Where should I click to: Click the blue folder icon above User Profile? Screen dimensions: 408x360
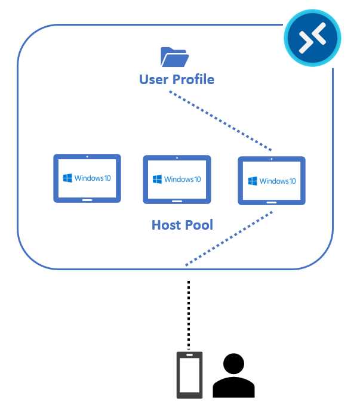tap(174, 58)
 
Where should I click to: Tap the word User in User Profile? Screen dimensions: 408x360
tap(153, 79)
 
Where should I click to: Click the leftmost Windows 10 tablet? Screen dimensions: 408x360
tap(87, 178)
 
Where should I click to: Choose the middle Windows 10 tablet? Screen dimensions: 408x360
tap(177, 180)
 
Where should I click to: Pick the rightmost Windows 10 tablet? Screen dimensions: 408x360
tap(272, 181)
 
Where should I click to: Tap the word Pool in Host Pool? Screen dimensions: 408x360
tap(199, 225)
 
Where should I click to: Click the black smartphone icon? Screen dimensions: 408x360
tap(189, 375)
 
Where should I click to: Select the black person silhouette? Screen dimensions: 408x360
tap(233, 376)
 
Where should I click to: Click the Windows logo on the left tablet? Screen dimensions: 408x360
tap(68, 178)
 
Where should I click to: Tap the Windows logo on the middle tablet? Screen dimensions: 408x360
tap(158, 179)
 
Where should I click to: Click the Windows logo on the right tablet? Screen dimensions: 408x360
tap(253, 181)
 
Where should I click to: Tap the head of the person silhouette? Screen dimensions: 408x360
tap(233, 363)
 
